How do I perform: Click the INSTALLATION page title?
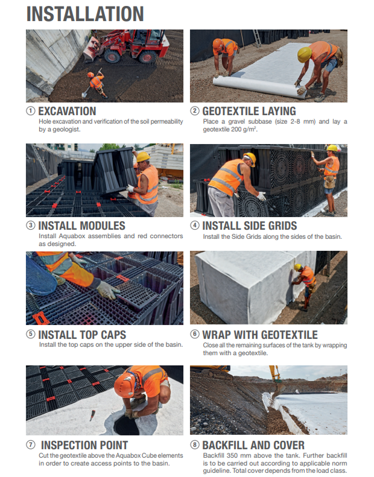pyautogui.click(x=85, y=14)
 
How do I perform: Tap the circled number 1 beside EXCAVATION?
pyautogui.click(x=31, y=111)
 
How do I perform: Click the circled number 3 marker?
pyautogui.click(x=31, y=226)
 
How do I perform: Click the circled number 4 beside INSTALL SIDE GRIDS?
pyautogui.click(x=195, y=226)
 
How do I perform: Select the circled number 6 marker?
pyautogui.click(x=195, y=335)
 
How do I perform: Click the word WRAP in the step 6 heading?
pyautogui.click(x=219, y=335)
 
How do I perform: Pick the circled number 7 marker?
pyautogui.click(x=31, y=446)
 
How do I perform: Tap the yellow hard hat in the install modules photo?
pyautogui.click(x=143, y=157)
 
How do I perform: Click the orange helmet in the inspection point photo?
pyautogui.click(x=129, y=382)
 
